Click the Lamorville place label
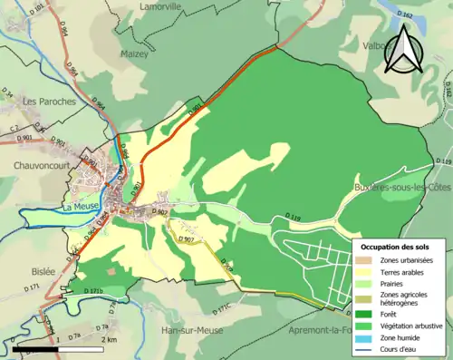click(162, 6)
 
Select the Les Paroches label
click(51, 102)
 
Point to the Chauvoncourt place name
click(43, 166)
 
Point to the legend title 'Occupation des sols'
click(401, 246)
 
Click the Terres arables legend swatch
click(370, 270)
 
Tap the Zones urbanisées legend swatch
click(370, 260)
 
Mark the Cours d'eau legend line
click(370, 348)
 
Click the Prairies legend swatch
click(370, 281)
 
